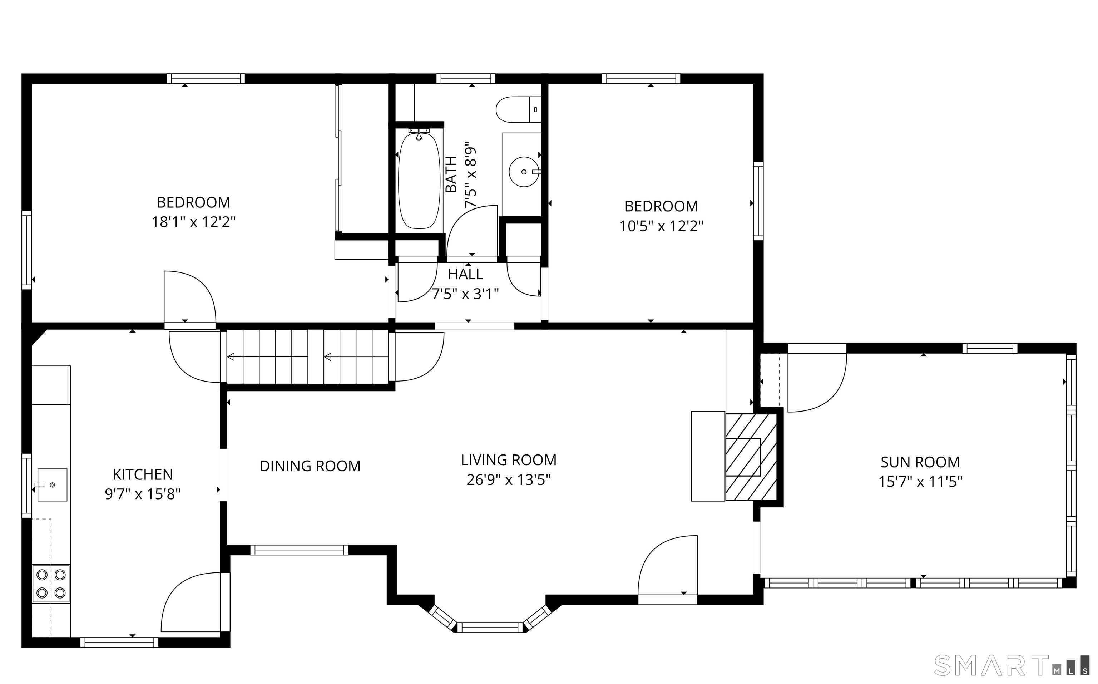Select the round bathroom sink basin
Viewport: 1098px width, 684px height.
[x=524, y=172]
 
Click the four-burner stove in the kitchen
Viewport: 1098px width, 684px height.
[x=51, y=584]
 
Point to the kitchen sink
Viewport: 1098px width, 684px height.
[x=52, y=485]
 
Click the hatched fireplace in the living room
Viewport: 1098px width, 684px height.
[x=751, y=457]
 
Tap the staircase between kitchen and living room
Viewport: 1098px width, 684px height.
[x=307, y=357]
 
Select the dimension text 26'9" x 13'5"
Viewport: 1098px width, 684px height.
[x=508, y=479]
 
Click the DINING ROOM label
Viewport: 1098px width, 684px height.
[x=310, y=466]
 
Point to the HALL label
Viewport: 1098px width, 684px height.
[x=465, y=274]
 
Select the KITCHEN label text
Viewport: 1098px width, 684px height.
[x=143, y=474]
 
